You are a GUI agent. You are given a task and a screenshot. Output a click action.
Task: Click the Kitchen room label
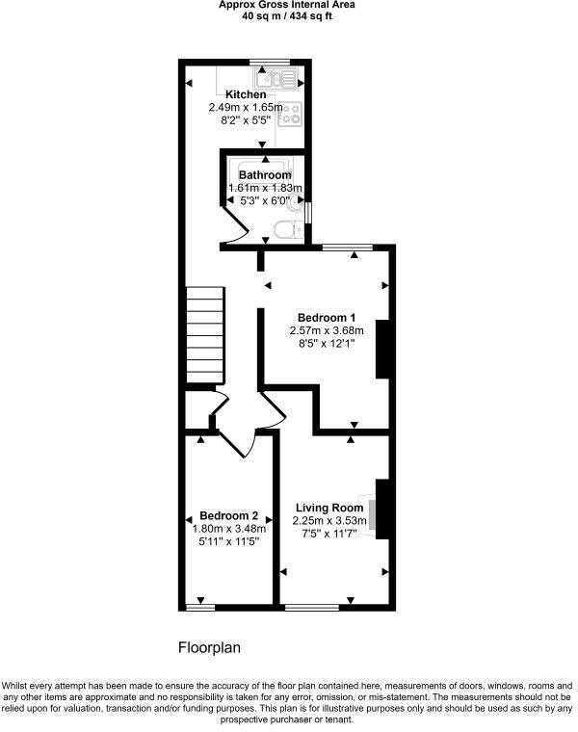pyautogui.click(x=246, y=94)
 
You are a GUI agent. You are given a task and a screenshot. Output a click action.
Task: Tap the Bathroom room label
pyautogui.click(x=265, y=175)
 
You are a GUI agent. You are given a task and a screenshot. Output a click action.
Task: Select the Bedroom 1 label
pyautogui.click(x=327, y=318)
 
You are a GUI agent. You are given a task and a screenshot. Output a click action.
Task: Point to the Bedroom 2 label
pyautogui.click(x=228, y=515)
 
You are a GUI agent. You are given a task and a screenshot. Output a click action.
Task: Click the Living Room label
pyautogui.click(x=329, y=508)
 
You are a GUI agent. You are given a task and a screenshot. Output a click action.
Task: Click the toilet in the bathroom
pyautogui.click(x=285, y=230)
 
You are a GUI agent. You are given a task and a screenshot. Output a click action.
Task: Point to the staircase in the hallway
pyautogui.click(x=205, y=338)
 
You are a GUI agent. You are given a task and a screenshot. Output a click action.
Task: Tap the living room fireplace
pyautogui.click(x=382, y=508)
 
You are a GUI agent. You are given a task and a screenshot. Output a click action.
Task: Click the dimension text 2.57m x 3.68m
pyautogui.click(x=328, y=330)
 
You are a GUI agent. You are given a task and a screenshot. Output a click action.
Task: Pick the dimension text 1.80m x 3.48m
pyautogui.click(x=228, y=529)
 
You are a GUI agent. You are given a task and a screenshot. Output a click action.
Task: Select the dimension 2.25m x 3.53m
pyautogui.click(x=330, y=521)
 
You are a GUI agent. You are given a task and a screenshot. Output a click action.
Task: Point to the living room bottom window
pyautogui.click(x=312, y=607)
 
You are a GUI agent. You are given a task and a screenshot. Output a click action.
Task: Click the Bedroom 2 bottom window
pyautogui.click(x=199, y=607)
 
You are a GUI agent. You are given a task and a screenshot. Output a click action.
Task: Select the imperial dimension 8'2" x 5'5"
pyautogui.click(x=246, y=120)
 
